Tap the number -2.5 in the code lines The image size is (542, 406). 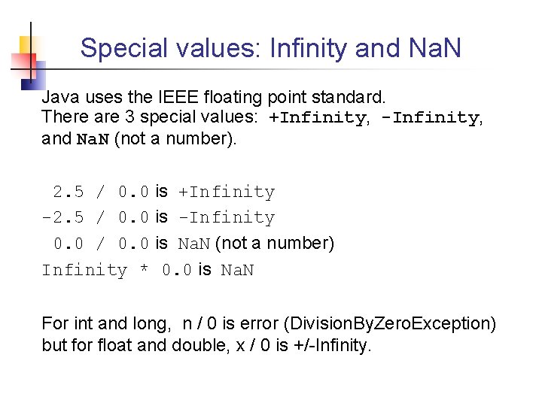point(63,218)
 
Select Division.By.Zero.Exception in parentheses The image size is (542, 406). point(388,324)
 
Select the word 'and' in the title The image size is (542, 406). point(379,49)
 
